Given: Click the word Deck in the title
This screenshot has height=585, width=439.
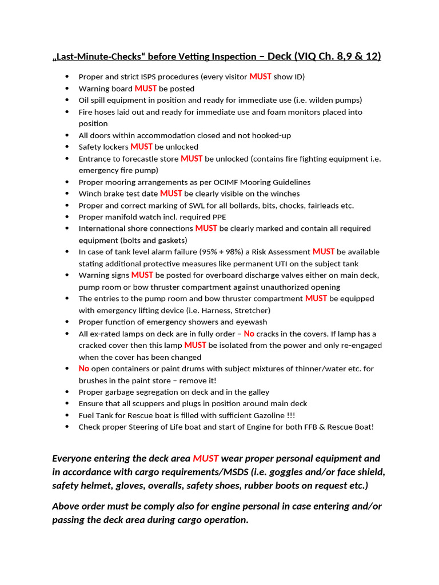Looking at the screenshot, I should (x=280, y=56).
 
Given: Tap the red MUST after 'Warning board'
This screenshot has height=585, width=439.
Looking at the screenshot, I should (x=145, y=89).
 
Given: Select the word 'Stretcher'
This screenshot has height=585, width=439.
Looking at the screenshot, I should (x=250, y=310).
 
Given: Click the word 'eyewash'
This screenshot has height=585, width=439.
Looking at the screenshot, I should (x=251, y=322).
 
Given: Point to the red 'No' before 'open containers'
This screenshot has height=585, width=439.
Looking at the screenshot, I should (x=84, y=368).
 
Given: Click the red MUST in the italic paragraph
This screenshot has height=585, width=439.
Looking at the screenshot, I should (x=205, y=458).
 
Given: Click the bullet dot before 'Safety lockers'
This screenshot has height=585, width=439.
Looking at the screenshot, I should (x=67, y=147).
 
